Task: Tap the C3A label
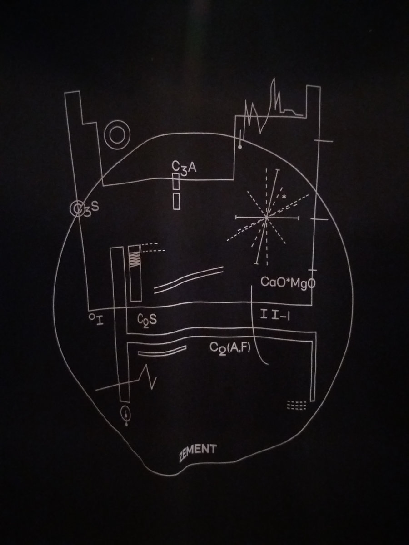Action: click(184, 168)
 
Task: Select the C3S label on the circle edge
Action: click(85, 208)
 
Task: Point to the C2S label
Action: click(147, 320)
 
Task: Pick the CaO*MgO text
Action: click(288, 282)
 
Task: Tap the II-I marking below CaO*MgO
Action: click(275, 315)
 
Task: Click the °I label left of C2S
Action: click(96, 320)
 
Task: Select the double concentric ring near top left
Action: click(117, 135)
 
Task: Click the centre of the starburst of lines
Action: click(266, 218)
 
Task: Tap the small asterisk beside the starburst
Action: click(284, 197)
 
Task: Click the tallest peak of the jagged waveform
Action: click(274, 79)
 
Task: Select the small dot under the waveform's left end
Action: click(240, 147)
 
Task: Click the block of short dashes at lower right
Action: click(296, 405)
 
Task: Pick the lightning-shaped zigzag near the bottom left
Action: click(149, 377)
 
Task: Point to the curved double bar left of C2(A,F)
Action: click(162, 350)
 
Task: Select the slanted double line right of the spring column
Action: click(189, 280)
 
